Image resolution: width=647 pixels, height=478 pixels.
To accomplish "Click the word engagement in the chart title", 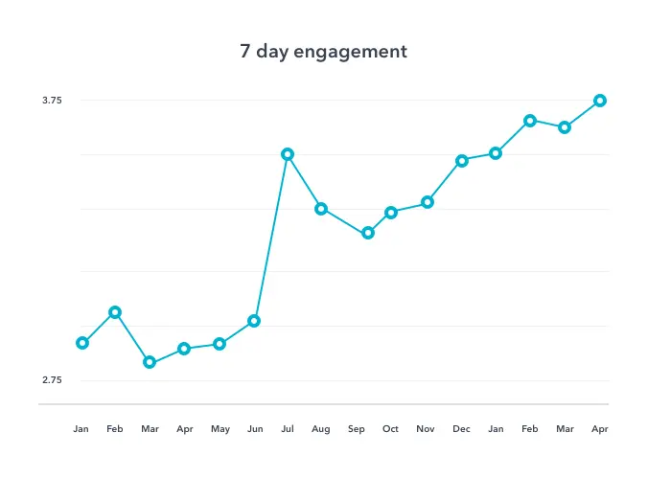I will click(x=356, y=52).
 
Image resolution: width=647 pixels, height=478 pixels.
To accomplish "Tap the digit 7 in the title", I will click(x=245, y=51).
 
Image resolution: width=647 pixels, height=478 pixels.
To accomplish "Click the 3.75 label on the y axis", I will click(x=53, y=101).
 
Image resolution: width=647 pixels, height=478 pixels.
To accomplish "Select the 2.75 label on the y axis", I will click(x=53, y=380).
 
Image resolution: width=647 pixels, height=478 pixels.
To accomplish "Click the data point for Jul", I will click(x=287, y=154).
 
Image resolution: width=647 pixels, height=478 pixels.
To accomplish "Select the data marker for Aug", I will click(x=321, y=209).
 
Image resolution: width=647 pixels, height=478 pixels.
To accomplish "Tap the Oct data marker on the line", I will click(x=391, y=213).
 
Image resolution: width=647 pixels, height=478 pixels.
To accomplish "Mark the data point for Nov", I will click(x=427, y=202).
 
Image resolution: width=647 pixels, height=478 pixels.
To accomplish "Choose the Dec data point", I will click(x=462, y=161).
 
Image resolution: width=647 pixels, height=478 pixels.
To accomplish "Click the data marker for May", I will click(x=220, y=344).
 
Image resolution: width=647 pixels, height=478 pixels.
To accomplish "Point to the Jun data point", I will click(x=254, y=321).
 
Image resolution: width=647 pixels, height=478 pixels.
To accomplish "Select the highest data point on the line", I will click(x=600, y=101).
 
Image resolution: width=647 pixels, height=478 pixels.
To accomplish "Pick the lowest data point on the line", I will click(x=150, y=362).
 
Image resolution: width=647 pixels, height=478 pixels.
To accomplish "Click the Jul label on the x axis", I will click(x=287, y=429).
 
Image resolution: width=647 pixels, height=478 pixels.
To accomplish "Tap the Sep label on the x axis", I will click(x=357, y=429).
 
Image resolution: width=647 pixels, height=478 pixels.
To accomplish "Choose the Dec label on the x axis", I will click(x=461, y=429).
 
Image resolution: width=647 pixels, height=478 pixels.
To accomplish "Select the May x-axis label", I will click(x=220, y=429).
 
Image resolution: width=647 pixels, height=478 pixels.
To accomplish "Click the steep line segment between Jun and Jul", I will click(x=270, y=238).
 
